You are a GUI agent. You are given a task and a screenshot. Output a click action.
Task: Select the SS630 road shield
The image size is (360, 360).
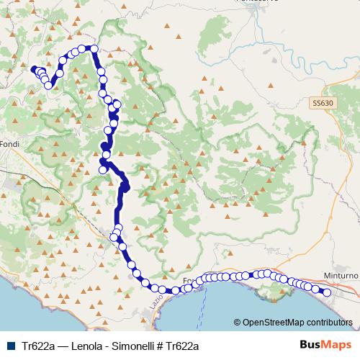tap(323, 104)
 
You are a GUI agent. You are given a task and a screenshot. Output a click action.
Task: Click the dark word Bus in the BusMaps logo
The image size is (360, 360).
tap(309, 346)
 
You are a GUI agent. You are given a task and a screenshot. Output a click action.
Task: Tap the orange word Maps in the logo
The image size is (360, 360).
tap(334, 346)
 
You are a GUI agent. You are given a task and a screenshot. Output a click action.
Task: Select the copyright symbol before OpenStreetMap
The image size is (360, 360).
tap(238, 323)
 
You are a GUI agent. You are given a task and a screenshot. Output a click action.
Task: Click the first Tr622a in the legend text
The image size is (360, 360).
tap(38, 346)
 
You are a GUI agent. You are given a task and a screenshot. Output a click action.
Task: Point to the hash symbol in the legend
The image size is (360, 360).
tap(159, 346)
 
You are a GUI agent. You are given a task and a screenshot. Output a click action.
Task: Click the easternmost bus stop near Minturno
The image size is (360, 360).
tap(326, 292)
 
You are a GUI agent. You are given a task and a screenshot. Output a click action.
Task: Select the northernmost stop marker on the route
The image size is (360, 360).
tap(92, 48)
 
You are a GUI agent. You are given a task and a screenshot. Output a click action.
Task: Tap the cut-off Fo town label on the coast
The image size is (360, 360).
tap(188, 280)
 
